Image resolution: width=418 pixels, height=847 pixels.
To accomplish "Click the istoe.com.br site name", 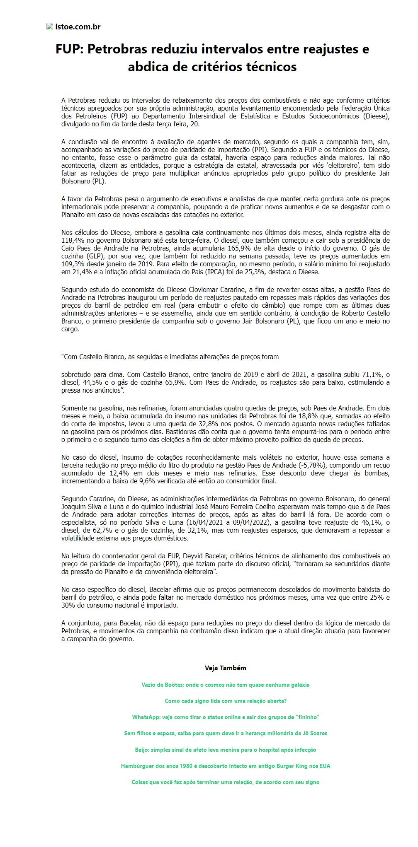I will [x=78, y=27].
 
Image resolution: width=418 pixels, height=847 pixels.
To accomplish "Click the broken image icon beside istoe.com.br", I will [x=49, y=27].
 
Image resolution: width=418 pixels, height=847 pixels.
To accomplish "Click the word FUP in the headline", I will [x=70, y=49].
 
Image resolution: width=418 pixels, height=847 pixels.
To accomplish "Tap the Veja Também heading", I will [x=225, y=668].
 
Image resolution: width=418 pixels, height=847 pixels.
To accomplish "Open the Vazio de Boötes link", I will [x=225, y=685].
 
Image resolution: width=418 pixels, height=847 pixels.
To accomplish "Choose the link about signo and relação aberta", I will [x=225, y=701].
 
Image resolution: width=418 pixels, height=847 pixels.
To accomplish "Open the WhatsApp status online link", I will [x=225, y=717].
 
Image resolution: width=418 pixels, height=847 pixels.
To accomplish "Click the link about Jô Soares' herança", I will [x=225, y=733].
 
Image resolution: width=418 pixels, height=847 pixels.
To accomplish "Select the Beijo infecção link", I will [x=225, y=750].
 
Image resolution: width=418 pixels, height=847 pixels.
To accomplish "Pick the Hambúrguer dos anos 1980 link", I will [x=225, y=766].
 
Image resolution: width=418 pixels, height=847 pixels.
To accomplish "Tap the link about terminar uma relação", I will [x=225, y=782].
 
